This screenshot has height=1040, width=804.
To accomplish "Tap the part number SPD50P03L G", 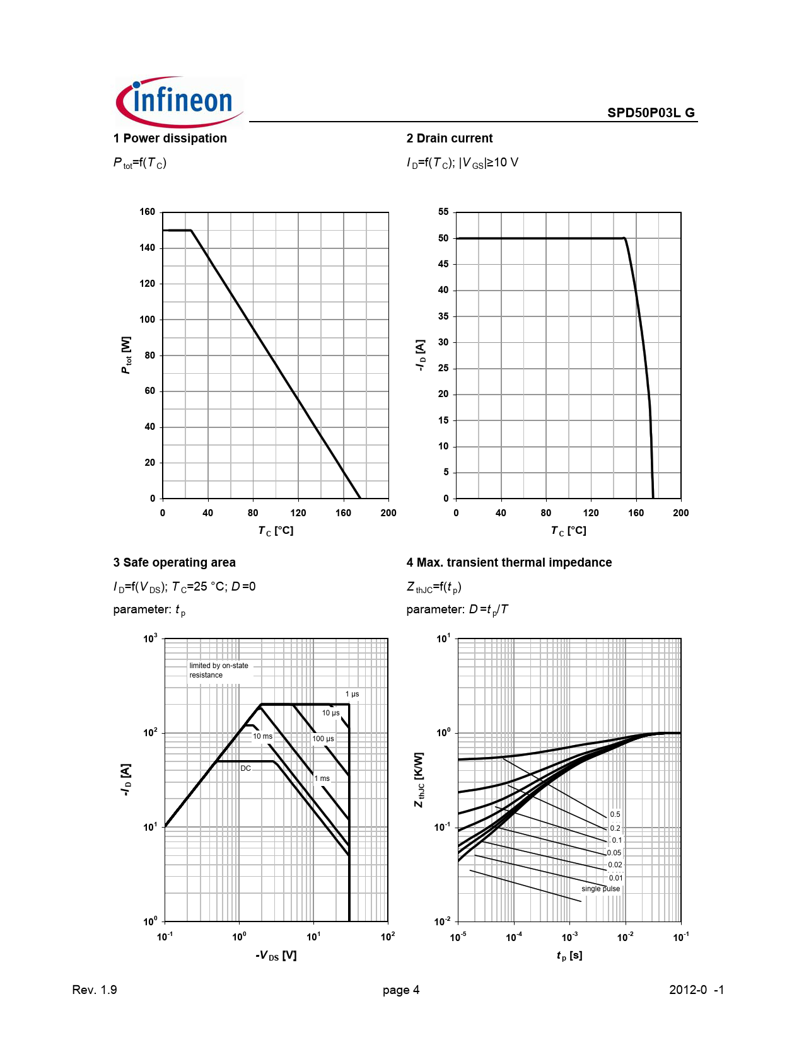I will click(651, 113).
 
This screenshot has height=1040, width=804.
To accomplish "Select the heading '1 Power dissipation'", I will click(170, 139).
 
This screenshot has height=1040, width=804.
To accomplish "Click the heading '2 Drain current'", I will click(450, 139).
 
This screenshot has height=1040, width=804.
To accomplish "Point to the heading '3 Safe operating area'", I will click(175, 563).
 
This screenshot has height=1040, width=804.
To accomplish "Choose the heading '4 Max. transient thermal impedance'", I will click(509, 563).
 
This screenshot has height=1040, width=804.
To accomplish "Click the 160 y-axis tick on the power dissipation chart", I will click(148, 212).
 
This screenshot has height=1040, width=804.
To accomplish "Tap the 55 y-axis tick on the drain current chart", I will click(443, 212).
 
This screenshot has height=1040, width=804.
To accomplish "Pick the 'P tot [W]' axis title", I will click(127, 355).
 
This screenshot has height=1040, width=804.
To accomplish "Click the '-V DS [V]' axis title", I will click(276, 956).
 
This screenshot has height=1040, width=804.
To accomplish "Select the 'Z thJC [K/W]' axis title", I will click(419, 780).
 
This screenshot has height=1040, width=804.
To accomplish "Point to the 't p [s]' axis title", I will click(569, 956).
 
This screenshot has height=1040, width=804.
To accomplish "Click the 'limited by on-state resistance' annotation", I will click(219, 670).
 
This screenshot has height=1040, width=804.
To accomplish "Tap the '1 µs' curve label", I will click(352, 694).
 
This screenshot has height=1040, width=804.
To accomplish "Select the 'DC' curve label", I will click(246, 768).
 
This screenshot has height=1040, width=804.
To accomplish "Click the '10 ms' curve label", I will click(263, 736).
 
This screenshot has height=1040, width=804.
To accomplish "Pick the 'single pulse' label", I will click(600, 889).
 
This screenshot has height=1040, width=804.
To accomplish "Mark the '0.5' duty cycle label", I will click(615, 814).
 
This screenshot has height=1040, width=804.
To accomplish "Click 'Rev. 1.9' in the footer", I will click(95, 990).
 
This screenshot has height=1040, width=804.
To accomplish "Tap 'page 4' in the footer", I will click(401, 990).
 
